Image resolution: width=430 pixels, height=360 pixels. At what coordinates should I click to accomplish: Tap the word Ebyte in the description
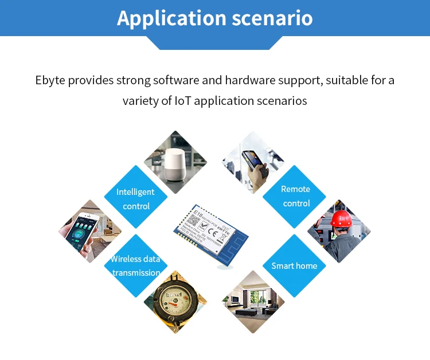pos(49,80)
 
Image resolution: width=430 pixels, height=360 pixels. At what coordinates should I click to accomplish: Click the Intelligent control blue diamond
pos(136,198)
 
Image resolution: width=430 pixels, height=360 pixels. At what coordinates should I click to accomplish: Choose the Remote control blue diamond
pos(295,196)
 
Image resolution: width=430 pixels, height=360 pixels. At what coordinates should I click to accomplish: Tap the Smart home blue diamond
pos(294,265)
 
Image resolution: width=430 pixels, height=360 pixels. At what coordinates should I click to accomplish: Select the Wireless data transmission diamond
pos(136,265)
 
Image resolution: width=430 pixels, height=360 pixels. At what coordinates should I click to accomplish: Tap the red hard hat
pos(341,219)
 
